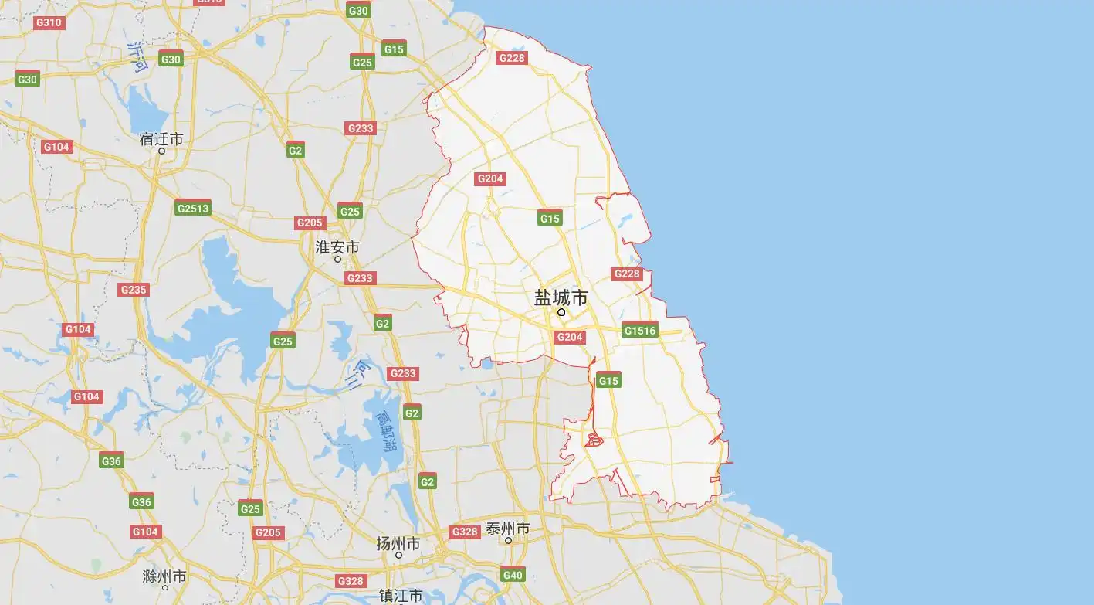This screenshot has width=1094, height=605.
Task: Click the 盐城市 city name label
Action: pyautogui.click(x=561, y=297)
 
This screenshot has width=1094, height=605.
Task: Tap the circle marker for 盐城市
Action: pyautogui.click(x=562, y=312)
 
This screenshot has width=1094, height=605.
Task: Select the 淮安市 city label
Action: pyautogui.click(x=337, y=247)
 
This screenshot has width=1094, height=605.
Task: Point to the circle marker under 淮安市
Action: pyautogui.click(x=337, y=259)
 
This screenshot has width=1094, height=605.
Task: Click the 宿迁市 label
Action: pyautogui.click(x=161, y=139)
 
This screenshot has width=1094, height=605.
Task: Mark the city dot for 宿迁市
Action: pyautogui.click(x=161, y=151)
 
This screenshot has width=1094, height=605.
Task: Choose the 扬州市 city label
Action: pyautogui.click(x=398, y=543)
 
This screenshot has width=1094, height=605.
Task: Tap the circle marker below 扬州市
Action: pyautogui.click(x=399, y=555)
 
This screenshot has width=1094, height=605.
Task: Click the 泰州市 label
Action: pyautogui.click(x=508, y=529)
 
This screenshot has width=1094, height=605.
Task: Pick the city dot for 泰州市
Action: pyautogui.click(x=509, y=540)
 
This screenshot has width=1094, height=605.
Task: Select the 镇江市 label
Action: pyautogui.click(x=401, y=596)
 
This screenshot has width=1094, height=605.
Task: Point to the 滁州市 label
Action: pyautogui.click(x=164, y=576)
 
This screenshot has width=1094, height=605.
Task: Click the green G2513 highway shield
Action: pyautogui.click(x=192, y=208)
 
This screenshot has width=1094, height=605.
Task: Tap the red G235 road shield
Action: pyautogui.click(x=134, y=290)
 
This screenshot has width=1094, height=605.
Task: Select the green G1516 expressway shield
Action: pyautogui.click(x=640, y=331)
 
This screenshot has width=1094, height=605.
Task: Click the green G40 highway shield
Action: pyautogui.click(x=513, y=574)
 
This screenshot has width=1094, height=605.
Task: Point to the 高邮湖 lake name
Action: pyautogui.click(x=385, y=430)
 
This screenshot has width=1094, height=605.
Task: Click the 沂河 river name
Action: pyautogui.click(x=137, y=56)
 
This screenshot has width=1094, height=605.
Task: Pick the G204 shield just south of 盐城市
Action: pyautogui.click(x=570, y=337)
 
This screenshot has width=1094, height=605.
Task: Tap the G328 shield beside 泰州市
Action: pyautogui.click(x=465, y=532)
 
